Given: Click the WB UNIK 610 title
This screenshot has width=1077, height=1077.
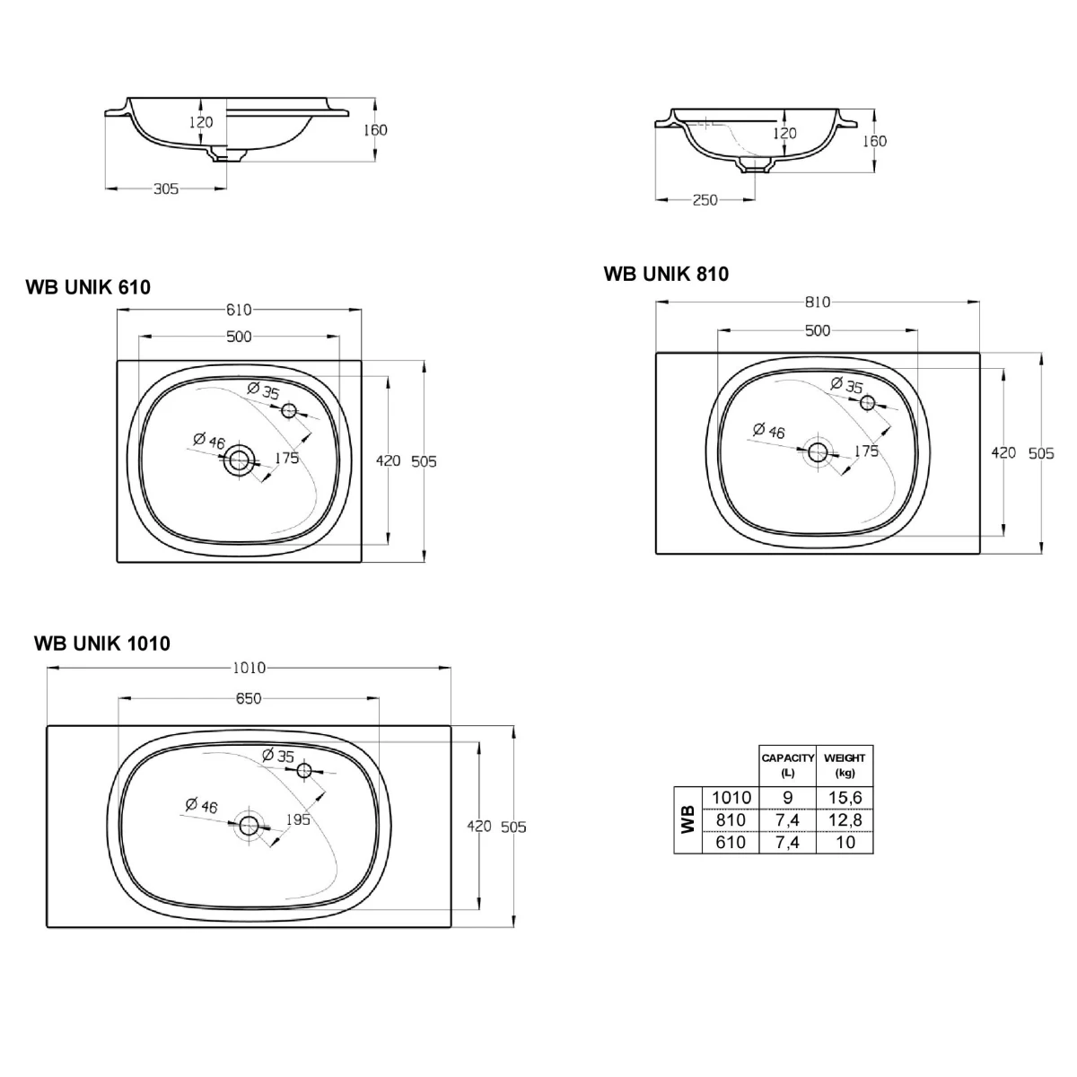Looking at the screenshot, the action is (x=88, y=286).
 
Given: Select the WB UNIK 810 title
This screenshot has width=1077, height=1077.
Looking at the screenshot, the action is (x=666, y=274).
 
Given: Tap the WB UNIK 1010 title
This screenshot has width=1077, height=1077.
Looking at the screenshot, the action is (x=102, y=644).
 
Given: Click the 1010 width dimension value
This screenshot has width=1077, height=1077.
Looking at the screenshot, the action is (x=250, y=668).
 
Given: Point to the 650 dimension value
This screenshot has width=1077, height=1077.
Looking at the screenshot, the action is (x=249, y=698).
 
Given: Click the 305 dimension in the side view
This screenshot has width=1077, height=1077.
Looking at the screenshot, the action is (x=166, y=188).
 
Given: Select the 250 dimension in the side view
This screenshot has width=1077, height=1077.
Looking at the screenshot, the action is (x=705, y=200).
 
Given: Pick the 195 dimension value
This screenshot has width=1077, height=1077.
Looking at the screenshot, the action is (x=298, y=819).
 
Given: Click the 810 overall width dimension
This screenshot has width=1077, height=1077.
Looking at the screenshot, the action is (x=818, y=302).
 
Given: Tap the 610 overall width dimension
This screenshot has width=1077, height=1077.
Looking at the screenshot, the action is (x=240, y=310).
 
